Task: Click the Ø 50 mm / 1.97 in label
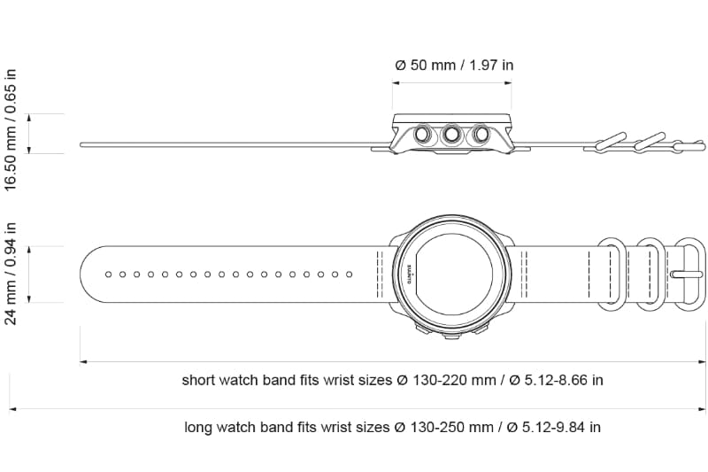[454, 65]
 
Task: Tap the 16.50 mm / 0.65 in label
[11, 130]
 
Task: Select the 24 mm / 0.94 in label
[11, 274]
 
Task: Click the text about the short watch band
[392, 380]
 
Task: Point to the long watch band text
[392, 427]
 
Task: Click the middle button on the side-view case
[452, 134]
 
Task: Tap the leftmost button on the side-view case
[424, 134]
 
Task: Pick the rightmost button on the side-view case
[481, 134]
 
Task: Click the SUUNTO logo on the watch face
[412, 274]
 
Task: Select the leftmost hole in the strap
[108, 275]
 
